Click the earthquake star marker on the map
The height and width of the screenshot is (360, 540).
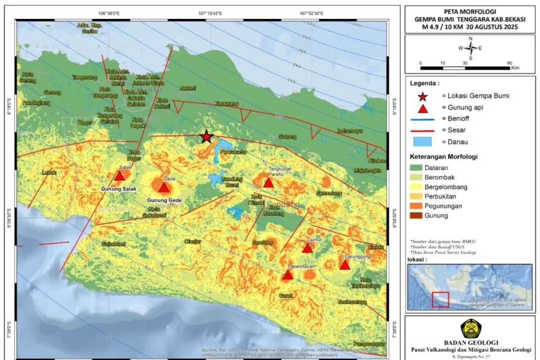206,136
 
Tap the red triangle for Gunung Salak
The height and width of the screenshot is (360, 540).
119,176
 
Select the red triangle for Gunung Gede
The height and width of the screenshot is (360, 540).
164,187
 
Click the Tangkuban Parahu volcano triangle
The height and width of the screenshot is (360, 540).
268,183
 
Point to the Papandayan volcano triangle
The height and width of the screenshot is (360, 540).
288,275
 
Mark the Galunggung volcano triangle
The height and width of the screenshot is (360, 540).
344,265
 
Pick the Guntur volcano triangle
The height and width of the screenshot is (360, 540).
307,248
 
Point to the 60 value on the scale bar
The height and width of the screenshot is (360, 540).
509,63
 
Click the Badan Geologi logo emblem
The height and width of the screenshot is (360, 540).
470,329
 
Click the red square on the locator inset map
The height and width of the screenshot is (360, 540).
440,300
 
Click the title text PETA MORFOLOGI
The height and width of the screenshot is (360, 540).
470,11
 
